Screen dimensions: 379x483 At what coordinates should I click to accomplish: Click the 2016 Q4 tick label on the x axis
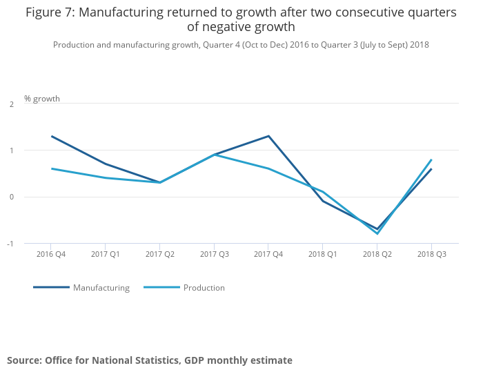pos(51,254)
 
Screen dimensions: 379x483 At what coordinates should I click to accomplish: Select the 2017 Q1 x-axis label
pos(106,254)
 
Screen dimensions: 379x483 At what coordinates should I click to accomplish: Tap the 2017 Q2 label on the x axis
pos(159,254)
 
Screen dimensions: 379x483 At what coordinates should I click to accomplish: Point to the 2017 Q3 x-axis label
pos(214,254)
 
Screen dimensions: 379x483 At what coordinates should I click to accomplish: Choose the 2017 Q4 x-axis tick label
pos(268,254)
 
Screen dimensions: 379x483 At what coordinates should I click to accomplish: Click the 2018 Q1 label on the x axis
pos(323,254)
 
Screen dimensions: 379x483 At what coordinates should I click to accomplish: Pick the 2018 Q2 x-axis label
pos(377,254)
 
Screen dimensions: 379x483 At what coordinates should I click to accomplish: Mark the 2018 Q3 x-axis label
pos(431,254)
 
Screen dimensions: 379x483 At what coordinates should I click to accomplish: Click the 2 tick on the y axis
pos(12,104)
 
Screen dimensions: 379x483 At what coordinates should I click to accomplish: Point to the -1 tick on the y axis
pos(10,244)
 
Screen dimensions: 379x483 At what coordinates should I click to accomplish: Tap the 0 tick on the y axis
pos(12,197)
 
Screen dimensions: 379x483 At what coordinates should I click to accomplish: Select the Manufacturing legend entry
pos(101,288)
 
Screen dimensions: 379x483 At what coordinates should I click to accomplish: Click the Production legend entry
pos(204,288)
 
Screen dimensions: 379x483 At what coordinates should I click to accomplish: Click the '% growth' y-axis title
pos(42,99)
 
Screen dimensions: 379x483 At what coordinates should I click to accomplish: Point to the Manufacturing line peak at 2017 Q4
pos(268,136)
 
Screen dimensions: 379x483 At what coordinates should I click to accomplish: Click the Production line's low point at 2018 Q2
pos(377,233)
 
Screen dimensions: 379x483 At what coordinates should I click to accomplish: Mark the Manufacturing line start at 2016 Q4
pos(52,136)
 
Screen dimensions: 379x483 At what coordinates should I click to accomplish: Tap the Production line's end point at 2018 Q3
pos(431,159)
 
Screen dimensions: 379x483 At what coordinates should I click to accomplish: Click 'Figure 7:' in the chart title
pos(50,12)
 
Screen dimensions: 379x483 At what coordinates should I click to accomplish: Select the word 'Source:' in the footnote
pos(24,360)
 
